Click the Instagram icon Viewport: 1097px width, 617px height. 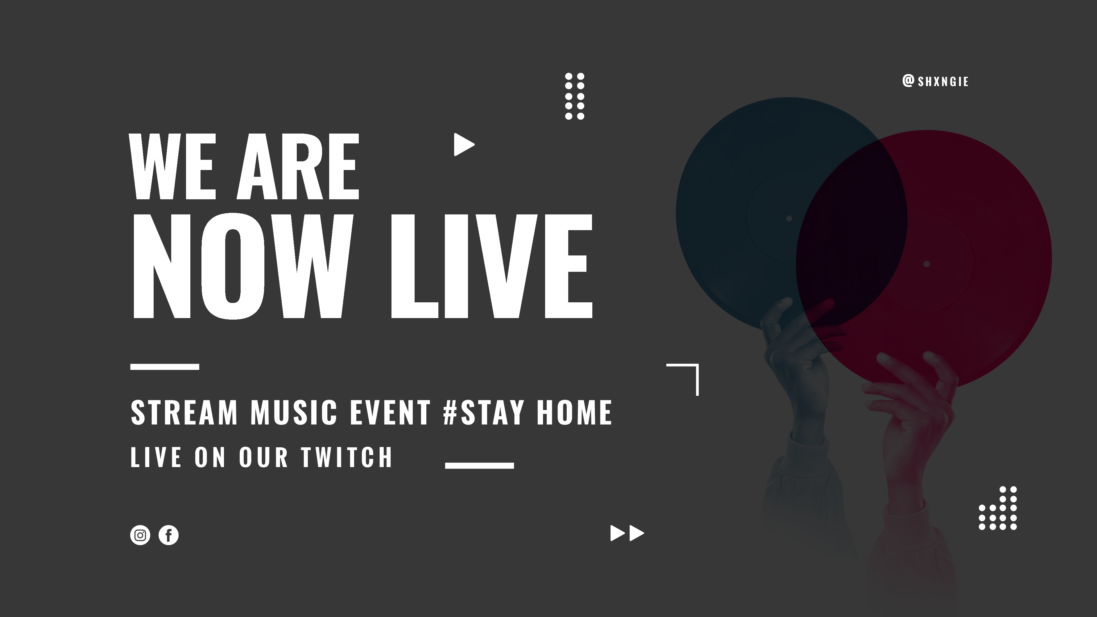[x=140, y=535]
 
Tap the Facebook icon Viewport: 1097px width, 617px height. [x=169, y=535]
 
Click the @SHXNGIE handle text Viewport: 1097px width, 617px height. [x=935, y=81]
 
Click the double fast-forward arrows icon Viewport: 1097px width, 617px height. [x=627, y=533]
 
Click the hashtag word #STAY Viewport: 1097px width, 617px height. [x=484, y=412]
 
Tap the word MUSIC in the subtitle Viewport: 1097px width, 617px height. [x=294, y=412]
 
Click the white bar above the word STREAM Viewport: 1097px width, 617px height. [x=165, y=366]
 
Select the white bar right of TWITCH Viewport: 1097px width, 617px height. [x=479, y=466]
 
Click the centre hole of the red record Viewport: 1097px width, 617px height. [x=926, y=264]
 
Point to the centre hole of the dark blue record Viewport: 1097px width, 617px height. [x=789, y=218]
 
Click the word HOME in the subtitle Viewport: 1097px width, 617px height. [x=574, y=412]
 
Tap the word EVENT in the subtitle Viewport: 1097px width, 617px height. [x=390, y=412]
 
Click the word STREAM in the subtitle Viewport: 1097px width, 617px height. [x=184, y=412]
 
